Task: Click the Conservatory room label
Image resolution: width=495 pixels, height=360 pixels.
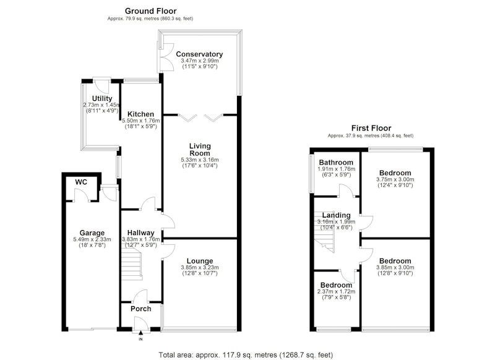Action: tap(199, 54)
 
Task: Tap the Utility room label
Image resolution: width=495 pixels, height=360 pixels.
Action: tap(102, 99)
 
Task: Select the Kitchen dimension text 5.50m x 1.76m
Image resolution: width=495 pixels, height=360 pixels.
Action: tap(141, 121)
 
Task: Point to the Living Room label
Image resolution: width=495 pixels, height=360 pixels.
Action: tap(200, 150)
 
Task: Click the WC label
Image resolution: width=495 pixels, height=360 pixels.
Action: tap(81, 182)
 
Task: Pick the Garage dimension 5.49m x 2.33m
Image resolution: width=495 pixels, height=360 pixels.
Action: tap(92, 239)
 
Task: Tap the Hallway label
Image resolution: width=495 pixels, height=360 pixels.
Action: tap(141, 233)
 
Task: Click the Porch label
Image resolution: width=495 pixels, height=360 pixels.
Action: tap(141, 309)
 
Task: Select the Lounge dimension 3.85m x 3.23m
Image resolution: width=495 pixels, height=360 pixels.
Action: tap(200, 268)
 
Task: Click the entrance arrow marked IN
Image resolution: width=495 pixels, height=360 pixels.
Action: tap(141, 332)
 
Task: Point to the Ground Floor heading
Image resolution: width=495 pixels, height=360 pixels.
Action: tap(150, 11)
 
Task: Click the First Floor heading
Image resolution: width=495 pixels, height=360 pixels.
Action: tap(371, 129)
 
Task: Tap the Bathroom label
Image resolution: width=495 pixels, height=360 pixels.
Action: tap(336, 163)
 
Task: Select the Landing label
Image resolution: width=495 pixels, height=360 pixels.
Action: tap(336, 215)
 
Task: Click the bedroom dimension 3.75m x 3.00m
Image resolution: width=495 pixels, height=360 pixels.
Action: tap(395, 179)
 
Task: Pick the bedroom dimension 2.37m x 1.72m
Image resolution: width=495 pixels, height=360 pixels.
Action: tap(336, 291)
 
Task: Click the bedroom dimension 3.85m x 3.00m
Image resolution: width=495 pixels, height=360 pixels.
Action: tap(395, 268)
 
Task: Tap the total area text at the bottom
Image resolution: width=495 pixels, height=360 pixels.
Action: tap(246, 355)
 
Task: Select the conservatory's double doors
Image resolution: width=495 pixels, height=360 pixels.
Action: tap(165, 56)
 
